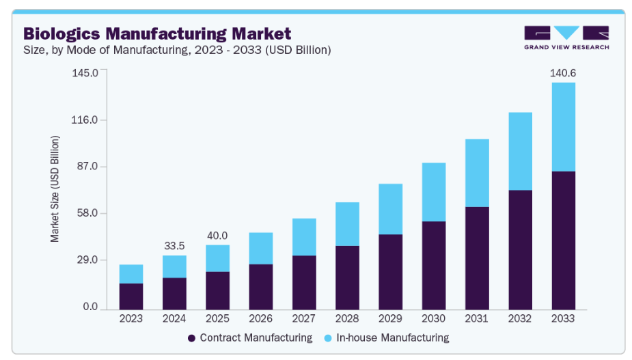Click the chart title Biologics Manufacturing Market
157,33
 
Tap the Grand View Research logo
566,38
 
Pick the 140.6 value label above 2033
563,72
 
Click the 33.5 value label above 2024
174,245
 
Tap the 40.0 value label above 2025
217,235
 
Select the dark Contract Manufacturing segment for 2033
563,239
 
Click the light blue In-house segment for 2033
563,127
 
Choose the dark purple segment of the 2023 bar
131,296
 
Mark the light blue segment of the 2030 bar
434,192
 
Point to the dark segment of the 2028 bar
347,277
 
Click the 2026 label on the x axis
260,318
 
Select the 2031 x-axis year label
477,318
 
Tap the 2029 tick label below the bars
390,318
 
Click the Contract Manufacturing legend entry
249,337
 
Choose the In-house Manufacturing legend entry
387,337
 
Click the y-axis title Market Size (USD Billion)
55,189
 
